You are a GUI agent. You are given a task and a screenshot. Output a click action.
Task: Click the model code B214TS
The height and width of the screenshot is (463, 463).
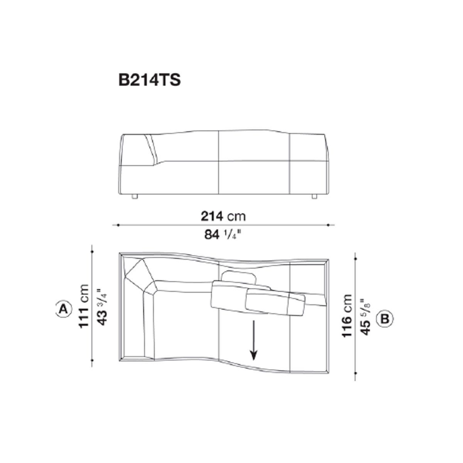149,80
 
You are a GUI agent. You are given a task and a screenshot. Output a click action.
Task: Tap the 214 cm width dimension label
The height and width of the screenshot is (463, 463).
223,216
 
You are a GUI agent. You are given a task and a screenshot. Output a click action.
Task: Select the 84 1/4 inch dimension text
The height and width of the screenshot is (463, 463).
223,234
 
